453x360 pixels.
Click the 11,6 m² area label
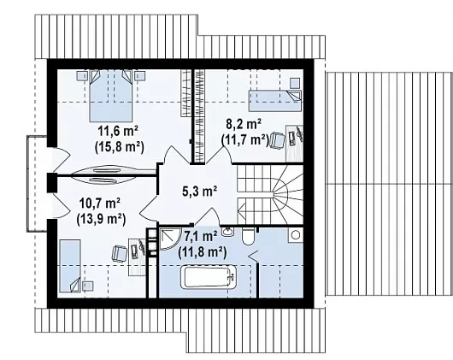(x=118, y=132)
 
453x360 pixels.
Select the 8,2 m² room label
(x=244, y=125)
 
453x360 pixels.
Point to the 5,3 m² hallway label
(x=200, y=191)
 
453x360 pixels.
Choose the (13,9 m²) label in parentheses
(x=101, y=219)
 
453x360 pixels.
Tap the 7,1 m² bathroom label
(x=201, y=237)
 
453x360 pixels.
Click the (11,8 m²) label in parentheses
(x=203, y=252)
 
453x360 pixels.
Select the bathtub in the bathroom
(x=209, y=278)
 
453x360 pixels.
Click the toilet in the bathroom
(x=248, y=236)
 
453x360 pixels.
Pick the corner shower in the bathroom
(x=169, y=239)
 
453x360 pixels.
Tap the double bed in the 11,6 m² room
(x=111, y=96)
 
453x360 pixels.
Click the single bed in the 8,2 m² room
(x=275, y=101)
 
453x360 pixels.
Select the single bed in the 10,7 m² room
(x=70, y=266)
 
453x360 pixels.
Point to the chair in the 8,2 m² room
(x=278, y=140)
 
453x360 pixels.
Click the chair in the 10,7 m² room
(x=120, y=253)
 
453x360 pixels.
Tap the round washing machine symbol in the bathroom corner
(x=295, y=235)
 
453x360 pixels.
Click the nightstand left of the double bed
(x=82, y=76)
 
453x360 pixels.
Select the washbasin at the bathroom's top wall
(x=228, y=232)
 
